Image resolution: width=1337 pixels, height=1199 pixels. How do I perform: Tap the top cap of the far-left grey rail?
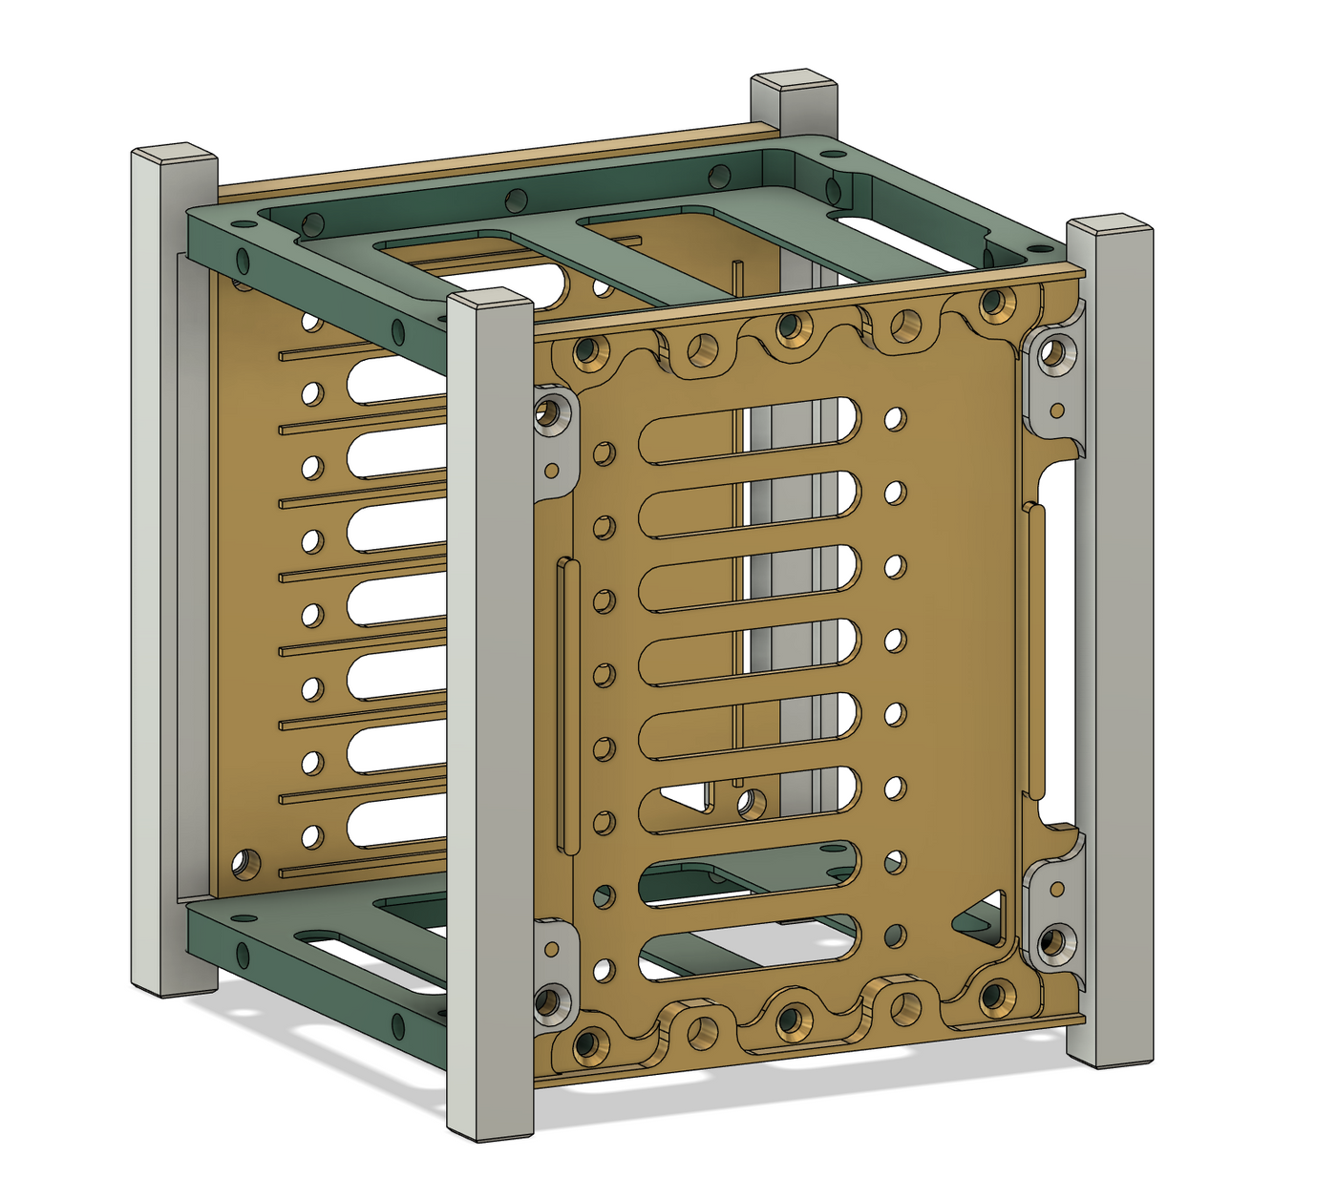click(x=173, y=155)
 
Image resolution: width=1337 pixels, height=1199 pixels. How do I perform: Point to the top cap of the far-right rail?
click(x=1109, y=227)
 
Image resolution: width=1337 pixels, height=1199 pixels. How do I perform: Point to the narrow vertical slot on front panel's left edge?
click(x=568, y=705)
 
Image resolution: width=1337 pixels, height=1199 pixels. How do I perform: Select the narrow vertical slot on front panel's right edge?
click(x=1035, y=649)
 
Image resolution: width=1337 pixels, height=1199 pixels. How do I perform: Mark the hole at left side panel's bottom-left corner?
click(x=246, y=865)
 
